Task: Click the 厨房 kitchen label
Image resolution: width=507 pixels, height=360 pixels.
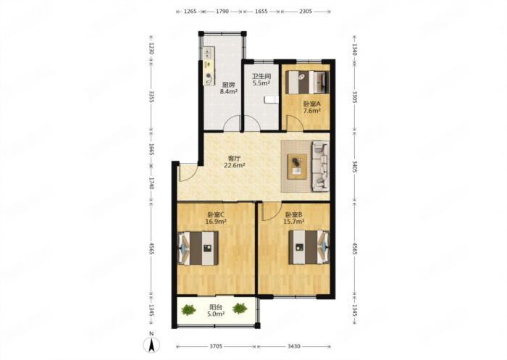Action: click(228, 85)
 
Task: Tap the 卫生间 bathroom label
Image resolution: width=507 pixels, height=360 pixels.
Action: click(261, 77)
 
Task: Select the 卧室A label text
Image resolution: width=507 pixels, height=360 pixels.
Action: click(311, 104)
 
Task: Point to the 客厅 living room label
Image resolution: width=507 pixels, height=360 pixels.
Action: click(234, 159)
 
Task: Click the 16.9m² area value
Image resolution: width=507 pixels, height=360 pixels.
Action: click(216, 222)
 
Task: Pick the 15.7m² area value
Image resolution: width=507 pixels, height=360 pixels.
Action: click(293, 222)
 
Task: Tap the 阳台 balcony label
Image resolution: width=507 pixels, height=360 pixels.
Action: click(216, 306)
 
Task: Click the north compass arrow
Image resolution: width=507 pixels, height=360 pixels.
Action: click(151, 344)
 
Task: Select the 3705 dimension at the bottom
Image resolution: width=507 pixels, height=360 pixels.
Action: click(216, 346)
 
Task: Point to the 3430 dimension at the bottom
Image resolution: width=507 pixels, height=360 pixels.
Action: click(293, 346)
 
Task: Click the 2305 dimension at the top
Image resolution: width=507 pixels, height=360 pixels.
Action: click(306, 12)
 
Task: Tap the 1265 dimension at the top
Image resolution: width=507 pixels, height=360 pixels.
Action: click(190, 12)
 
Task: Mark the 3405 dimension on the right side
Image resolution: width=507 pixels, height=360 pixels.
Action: click(355, 167)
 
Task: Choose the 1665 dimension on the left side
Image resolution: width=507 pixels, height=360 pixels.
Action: click(151, 150)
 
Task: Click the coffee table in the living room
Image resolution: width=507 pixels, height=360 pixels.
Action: click(298, 167)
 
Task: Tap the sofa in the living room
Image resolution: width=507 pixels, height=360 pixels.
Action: click(320, 167)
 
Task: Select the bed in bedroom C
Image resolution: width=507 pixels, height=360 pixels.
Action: click(198, 248)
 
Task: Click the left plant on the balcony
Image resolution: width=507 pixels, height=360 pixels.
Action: click(188, 310)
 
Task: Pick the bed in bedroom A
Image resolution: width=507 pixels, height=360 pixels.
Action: click(308, 82)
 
